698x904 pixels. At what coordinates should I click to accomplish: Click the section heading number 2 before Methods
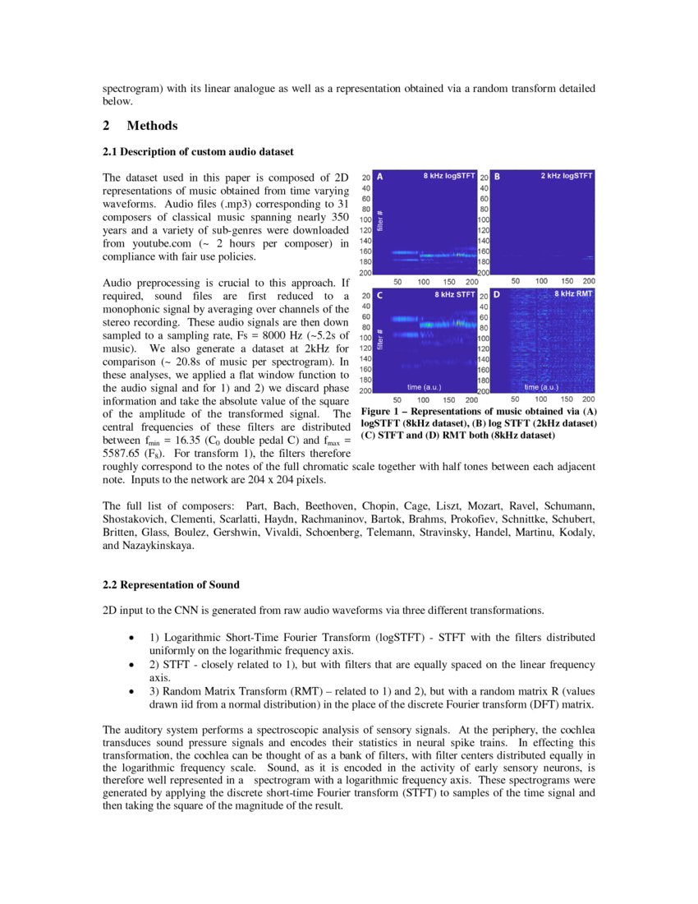(x=107, y=126)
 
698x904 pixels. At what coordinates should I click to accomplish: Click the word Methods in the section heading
(x=152, y=126)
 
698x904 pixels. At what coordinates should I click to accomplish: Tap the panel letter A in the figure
(x=379, y=177)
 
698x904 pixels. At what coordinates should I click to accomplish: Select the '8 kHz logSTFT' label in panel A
(x=449, y=176)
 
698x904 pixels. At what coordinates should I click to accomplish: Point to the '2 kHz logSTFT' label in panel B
(x=567, y=176)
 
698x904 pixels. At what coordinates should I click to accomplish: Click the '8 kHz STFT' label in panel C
(x=455, y=293)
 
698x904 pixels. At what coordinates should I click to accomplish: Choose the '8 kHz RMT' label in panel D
(x=573, y=293)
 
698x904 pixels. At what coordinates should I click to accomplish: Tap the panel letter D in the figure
(x=497, y=294)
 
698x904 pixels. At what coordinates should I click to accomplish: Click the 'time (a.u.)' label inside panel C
(x=425, y=386)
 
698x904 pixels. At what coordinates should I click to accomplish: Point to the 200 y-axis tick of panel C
(x=365, y=391)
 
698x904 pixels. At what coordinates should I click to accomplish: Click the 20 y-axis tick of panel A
(x=366, y=178)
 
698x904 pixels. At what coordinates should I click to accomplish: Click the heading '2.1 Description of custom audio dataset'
(x=198, y=152)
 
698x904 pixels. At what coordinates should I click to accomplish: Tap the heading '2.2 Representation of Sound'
(x=171, y=585)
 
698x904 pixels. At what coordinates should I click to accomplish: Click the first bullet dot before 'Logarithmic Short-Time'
(x=132, y=638)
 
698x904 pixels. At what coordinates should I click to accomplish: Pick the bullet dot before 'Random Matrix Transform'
(x=132, y=693)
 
